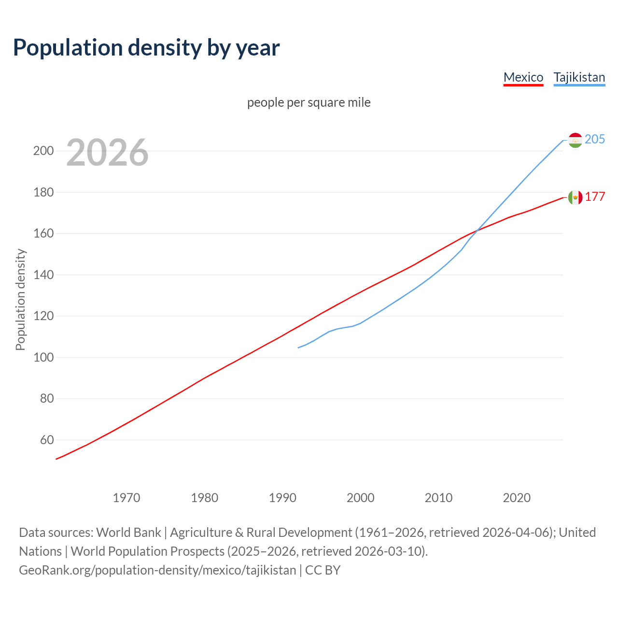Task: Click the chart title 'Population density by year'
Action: [x=146, y=48]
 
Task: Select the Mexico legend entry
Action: [x=523, y=77]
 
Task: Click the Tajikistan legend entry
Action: [x=579, y=77]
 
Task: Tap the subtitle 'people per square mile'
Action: [x=309, y=102]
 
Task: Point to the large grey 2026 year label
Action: [x=107, y=153]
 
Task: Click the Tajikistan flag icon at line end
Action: [x=575, y=140]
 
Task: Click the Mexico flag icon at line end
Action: [x=575, y=197]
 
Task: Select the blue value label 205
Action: [x=595, y=139]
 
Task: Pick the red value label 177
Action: [x=595, y=197]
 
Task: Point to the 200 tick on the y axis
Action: [x=43, y=151]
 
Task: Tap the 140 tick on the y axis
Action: [x=43, y=275]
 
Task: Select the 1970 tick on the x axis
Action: [x=126, y=497]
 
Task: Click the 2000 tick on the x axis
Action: [x=360, y=497]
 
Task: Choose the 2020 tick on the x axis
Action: [x=517, y=497]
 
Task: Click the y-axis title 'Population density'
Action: [x=20, y=299]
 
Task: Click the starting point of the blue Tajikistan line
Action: [x=298, y=348]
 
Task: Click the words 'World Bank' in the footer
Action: [x=128, y=532]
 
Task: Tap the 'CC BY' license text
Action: [x=323, y=570]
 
